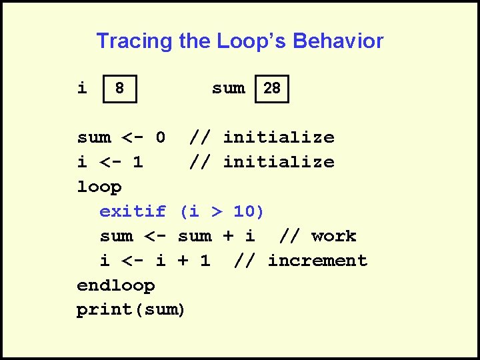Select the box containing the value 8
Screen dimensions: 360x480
click(119, 88)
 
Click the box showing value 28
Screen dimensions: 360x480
click(272, 88)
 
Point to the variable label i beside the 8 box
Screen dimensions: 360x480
click(82, 87)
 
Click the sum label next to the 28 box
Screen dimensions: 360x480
click(228, 87)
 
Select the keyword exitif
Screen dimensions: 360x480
click(133, 211)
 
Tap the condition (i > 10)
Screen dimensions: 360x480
click(222, 211)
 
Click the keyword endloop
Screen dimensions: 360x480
click(116, 285)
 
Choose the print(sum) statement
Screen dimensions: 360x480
click(131, 310)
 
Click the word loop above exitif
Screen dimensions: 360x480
click(99, 187)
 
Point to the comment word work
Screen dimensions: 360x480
click(333, 236)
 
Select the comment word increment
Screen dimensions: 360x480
click(317, 261)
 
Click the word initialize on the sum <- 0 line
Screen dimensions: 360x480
click(278, 137)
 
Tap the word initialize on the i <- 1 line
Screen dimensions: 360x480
click(278, 162)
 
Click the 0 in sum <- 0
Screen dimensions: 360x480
click(160, 137)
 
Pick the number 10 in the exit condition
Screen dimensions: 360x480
click(244, 211)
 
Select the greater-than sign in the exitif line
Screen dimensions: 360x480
click(216, 211)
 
